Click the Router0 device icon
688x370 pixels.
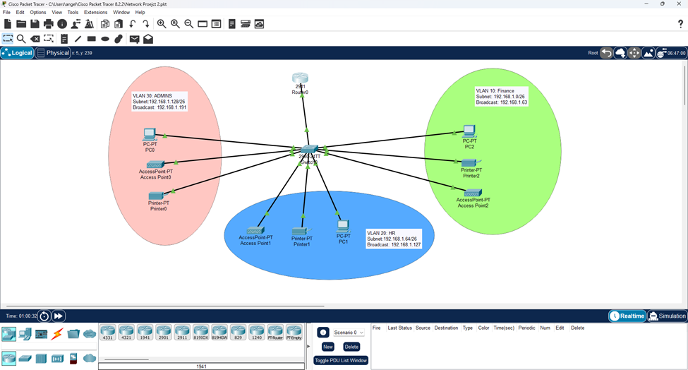tap(301, 78)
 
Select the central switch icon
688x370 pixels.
tap(309, 150)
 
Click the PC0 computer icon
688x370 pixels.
tap(150, 133)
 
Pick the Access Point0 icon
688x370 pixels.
tap(155, 164)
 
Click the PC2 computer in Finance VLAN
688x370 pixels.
tap(469, 131)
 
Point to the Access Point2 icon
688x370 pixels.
tap(473, 192)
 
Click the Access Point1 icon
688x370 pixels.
tap(255, 229)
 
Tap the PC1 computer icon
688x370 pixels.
tap(343, 226)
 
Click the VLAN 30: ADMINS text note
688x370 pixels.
tap(159, 101)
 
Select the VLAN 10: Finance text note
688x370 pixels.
tap(502, 97)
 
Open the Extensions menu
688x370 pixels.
tap(95, 12)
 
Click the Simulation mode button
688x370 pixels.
tap(667, 316)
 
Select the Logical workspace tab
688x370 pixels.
tap(18, 53)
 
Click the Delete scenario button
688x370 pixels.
tap(351, 347)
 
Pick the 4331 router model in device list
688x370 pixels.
tap(107, 331)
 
